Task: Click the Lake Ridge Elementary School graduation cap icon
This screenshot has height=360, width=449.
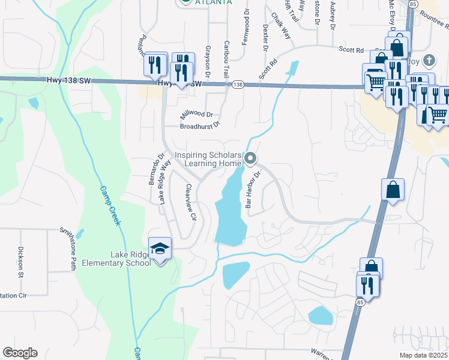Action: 160,248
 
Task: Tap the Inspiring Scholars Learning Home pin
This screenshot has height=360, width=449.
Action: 251,158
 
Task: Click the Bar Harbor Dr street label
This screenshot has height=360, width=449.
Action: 253,190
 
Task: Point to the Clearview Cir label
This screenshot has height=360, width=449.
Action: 191,202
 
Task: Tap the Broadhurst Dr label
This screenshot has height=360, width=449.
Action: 200,126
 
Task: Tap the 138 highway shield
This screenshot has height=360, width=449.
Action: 238,85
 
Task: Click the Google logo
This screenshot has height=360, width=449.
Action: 20,353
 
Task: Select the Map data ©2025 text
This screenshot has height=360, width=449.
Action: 423,355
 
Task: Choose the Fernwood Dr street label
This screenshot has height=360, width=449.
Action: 246,24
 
